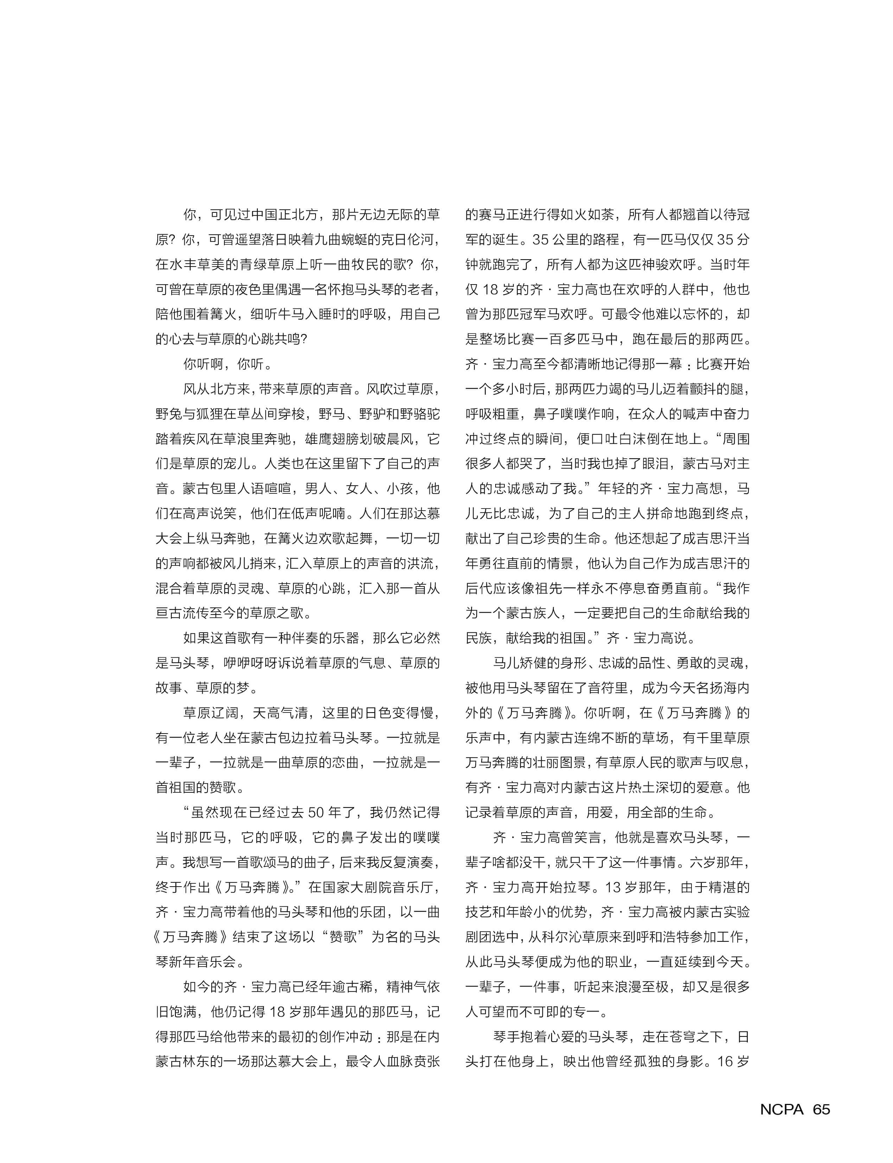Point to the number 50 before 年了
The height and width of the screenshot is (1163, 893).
(316, 812)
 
